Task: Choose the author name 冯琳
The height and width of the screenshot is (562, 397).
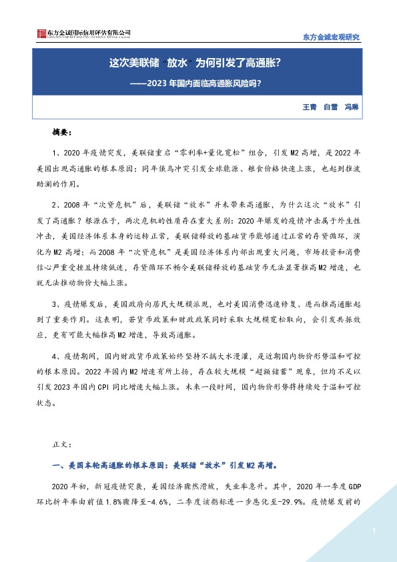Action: pos(351,107)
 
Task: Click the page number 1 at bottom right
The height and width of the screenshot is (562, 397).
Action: pos(375,531)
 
